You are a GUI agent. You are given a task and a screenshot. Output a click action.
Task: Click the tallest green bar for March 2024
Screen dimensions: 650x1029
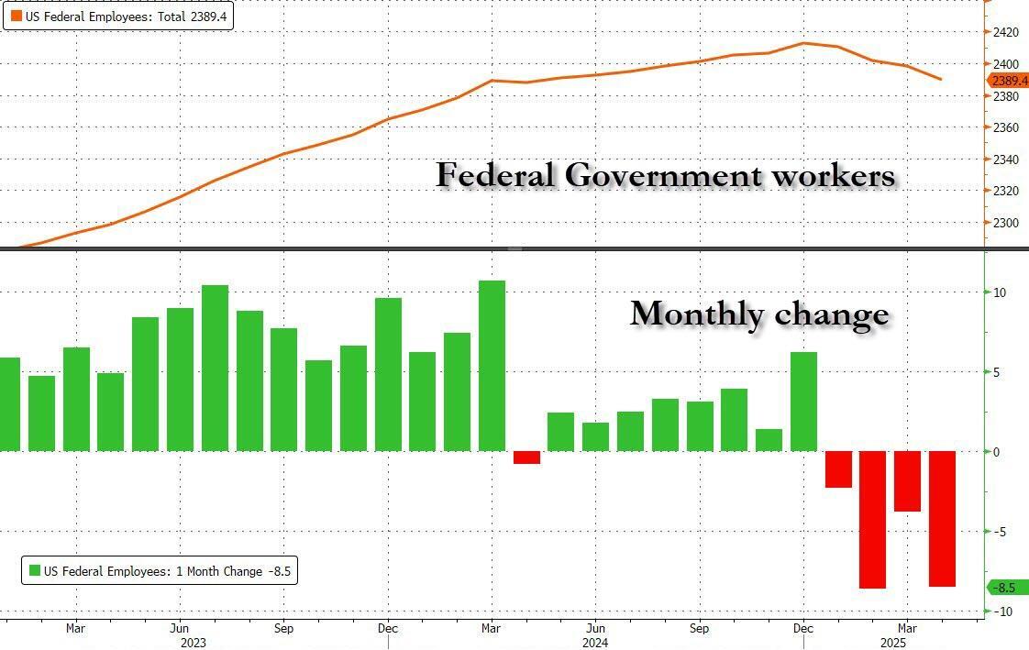point(492,366)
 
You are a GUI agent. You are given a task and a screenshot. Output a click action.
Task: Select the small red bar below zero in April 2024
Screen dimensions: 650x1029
point(526,457)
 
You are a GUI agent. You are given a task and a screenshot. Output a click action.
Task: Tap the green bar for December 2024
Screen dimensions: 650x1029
point(803,402)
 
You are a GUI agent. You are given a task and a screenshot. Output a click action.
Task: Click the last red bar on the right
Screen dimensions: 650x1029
point(942,518)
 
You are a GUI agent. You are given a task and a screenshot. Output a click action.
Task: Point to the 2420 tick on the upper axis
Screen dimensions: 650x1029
point(1006,33)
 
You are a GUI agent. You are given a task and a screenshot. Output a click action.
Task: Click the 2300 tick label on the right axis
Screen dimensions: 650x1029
point(1006,223)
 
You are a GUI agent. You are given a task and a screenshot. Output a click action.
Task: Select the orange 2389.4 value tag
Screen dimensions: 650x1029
point(1009,81)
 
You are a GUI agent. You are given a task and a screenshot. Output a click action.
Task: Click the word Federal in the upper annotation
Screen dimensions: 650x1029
point(495,174)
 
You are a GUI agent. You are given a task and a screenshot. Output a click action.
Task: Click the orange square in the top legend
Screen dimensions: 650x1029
point(17,16)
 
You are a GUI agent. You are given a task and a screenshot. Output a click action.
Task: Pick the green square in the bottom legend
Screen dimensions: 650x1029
point(35,571)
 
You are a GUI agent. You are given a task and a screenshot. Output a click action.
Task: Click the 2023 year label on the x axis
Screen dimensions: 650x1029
point(194,642)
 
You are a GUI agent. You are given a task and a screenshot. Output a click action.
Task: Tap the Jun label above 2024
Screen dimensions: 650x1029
point(595,629)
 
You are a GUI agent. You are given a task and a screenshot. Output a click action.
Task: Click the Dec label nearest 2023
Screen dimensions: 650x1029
point(389,629)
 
